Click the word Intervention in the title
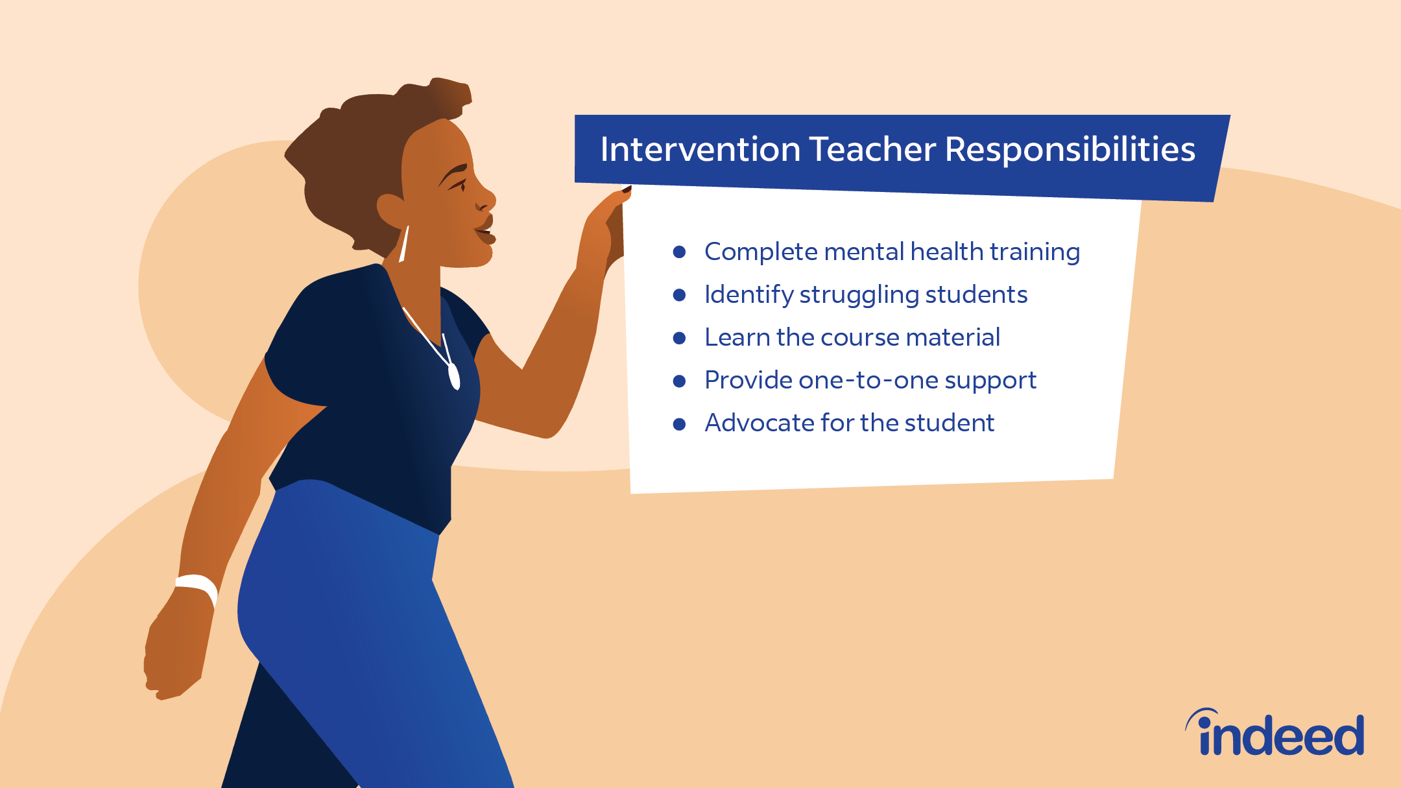[700, 149]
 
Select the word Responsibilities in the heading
[1070, 150]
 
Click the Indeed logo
[1275, 732]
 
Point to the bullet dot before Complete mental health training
[679, 252]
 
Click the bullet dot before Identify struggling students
[679, 295]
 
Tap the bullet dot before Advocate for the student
[679, 424]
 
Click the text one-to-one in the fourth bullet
[867, 380]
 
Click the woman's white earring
[403, 244]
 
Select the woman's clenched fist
[172, 655]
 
